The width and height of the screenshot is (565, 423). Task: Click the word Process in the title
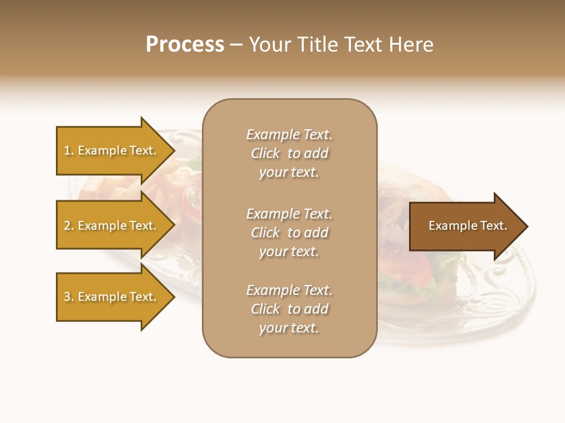tap(185, 45)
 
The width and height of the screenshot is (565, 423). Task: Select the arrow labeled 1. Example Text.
tap(112, 150)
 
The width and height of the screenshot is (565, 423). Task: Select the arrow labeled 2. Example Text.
tap(112, 226)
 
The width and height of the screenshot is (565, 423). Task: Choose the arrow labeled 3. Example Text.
tap(112, 297)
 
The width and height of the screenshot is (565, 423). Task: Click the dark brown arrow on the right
tap(465, 226)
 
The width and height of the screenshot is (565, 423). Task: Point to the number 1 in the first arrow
tap(67, 150)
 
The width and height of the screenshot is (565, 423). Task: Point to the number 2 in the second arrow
tap(67, 226)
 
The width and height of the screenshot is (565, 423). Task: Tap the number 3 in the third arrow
tap(67, 297)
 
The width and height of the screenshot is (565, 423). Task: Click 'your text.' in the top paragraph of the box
tap(289, 173)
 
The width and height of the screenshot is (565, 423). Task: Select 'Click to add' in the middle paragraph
tap(290, 233)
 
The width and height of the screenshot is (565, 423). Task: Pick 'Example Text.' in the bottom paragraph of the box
tap(290, 290)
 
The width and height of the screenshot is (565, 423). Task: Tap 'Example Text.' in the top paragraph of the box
tap(290, 135)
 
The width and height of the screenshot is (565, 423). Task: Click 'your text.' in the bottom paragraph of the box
tap(289, 328)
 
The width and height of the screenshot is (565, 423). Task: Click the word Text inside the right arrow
tap(492, 226)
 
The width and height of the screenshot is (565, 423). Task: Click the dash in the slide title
tap(236, 45)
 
